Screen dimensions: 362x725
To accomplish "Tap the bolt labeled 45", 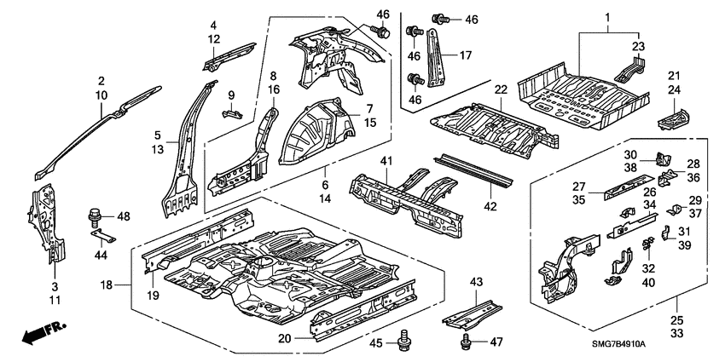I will pos(403,343).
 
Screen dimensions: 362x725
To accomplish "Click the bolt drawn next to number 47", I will pos(466,342).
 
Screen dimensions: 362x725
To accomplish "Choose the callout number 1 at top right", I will pos(608,18).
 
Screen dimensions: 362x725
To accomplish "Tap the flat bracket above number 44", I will pos(101,233).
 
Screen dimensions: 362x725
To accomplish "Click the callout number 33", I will pos(678,336).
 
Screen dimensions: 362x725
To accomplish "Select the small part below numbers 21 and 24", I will pos(674,114).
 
